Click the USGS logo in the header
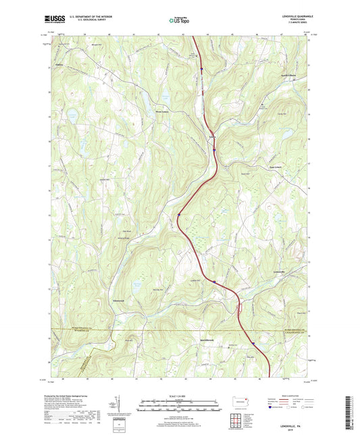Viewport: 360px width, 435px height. pyautogui.click(x=54, y=19)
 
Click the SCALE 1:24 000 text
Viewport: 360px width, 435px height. pyautogui.click(x=179, y=395)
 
